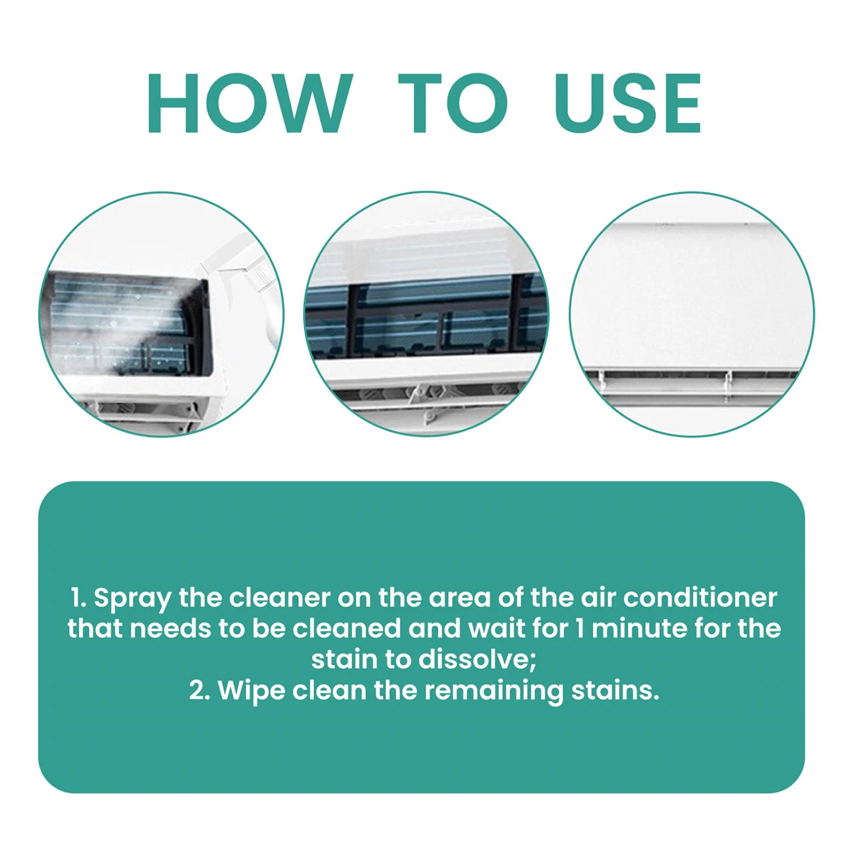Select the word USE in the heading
pyautogui.click(x=628, y=104)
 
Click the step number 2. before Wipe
pyautogui.click(x=200, y=690)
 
